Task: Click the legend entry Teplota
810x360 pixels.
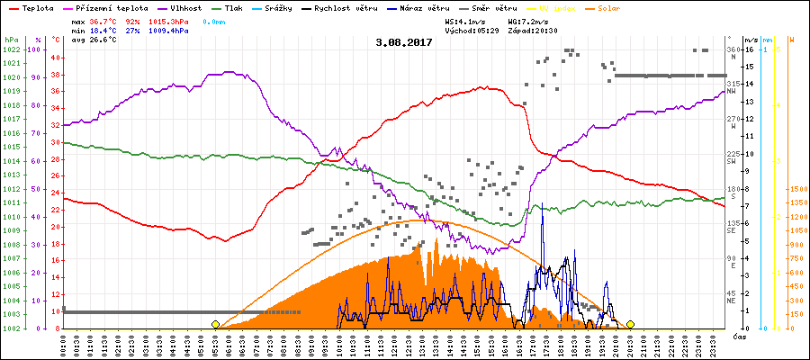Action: pos(35,7)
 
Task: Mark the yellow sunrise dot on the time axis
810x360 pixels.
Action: pos(215,324)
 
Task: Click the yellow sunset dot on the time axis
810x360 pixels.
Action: pos(630,324)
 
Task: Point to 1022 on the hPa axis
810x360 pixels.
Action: pos(11,49)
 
